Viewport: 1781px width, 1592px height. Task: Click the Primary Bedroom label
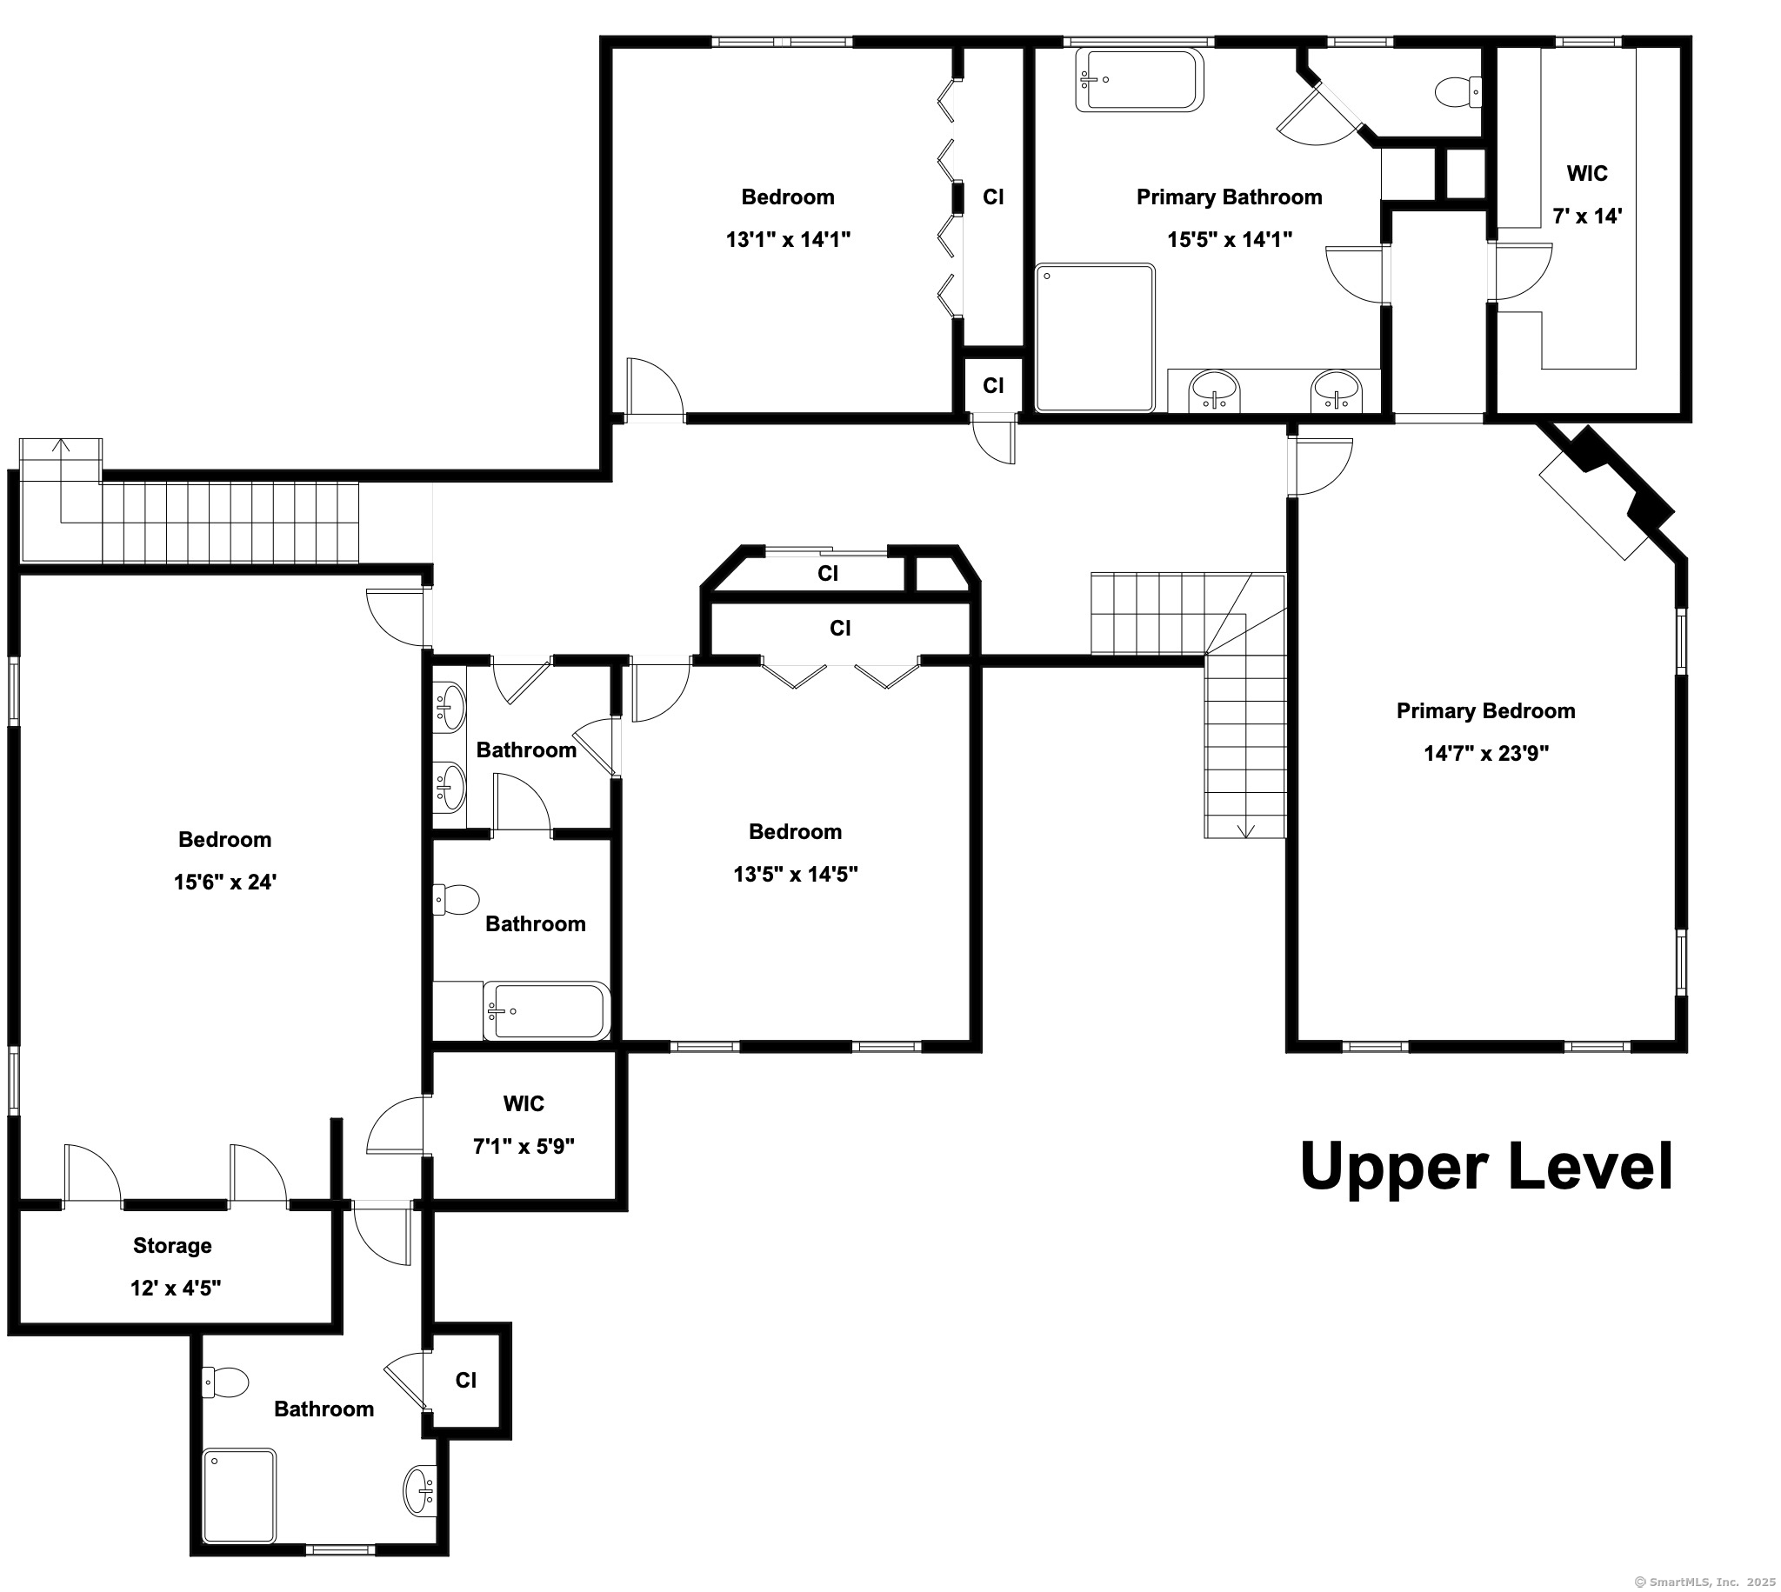click(1485, 711)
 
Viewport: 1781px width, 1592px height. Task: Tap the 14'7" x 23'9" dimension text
click(1486, 753)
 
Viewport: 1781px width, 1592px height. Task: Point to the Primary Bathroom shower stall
click(1095, 337)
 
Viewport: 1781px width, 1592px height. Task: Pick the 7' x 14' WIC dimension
click(1587, 216)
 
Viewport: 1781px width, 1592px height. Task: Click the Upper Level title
click(1486, 1166)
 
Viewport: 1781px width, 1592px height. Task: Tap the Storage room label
click(172, 1246)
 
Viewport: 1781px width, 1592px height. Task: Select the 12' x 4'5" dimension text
click(176, 1288)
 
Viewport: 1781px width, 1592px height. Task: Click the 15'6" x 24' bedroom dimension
click(225, 882)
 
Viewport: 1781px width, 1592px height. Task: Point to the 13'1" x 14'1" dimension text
click(788, 239)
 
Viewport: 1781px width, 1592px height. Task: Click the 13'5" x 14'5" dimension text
click(795, 874)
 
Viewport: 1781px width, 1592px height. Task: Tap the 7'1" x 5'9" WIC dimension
click(524, 1146)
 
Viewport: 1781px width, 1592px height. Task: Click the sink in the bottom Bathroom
click(420, 1491)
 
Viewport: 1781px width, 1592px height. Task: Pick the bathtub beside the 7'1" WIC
click(547, 1011)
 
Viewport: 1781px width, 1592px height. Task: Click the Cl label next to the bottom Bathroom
click(466, 1381)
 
